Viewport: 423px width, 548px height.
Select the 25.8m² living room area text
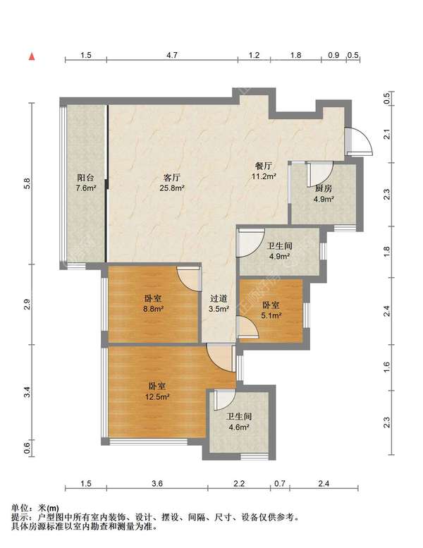point(173,188)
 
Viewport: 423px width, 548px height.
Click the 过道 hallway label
point(218,298)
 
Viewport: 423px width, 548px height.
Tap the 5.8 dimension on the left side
point(27,183)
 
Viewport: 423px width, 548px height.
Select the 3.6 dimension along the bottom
point(157,483)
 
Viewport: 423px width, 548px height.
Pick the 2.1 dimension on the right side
point(386,134)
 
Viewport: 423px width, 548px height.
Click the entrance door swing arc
point(358,141)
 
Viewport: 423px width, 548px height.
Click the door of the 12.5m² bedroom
point(219,356)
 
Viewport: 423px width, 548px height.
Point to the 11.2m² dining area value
point(264,176)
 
